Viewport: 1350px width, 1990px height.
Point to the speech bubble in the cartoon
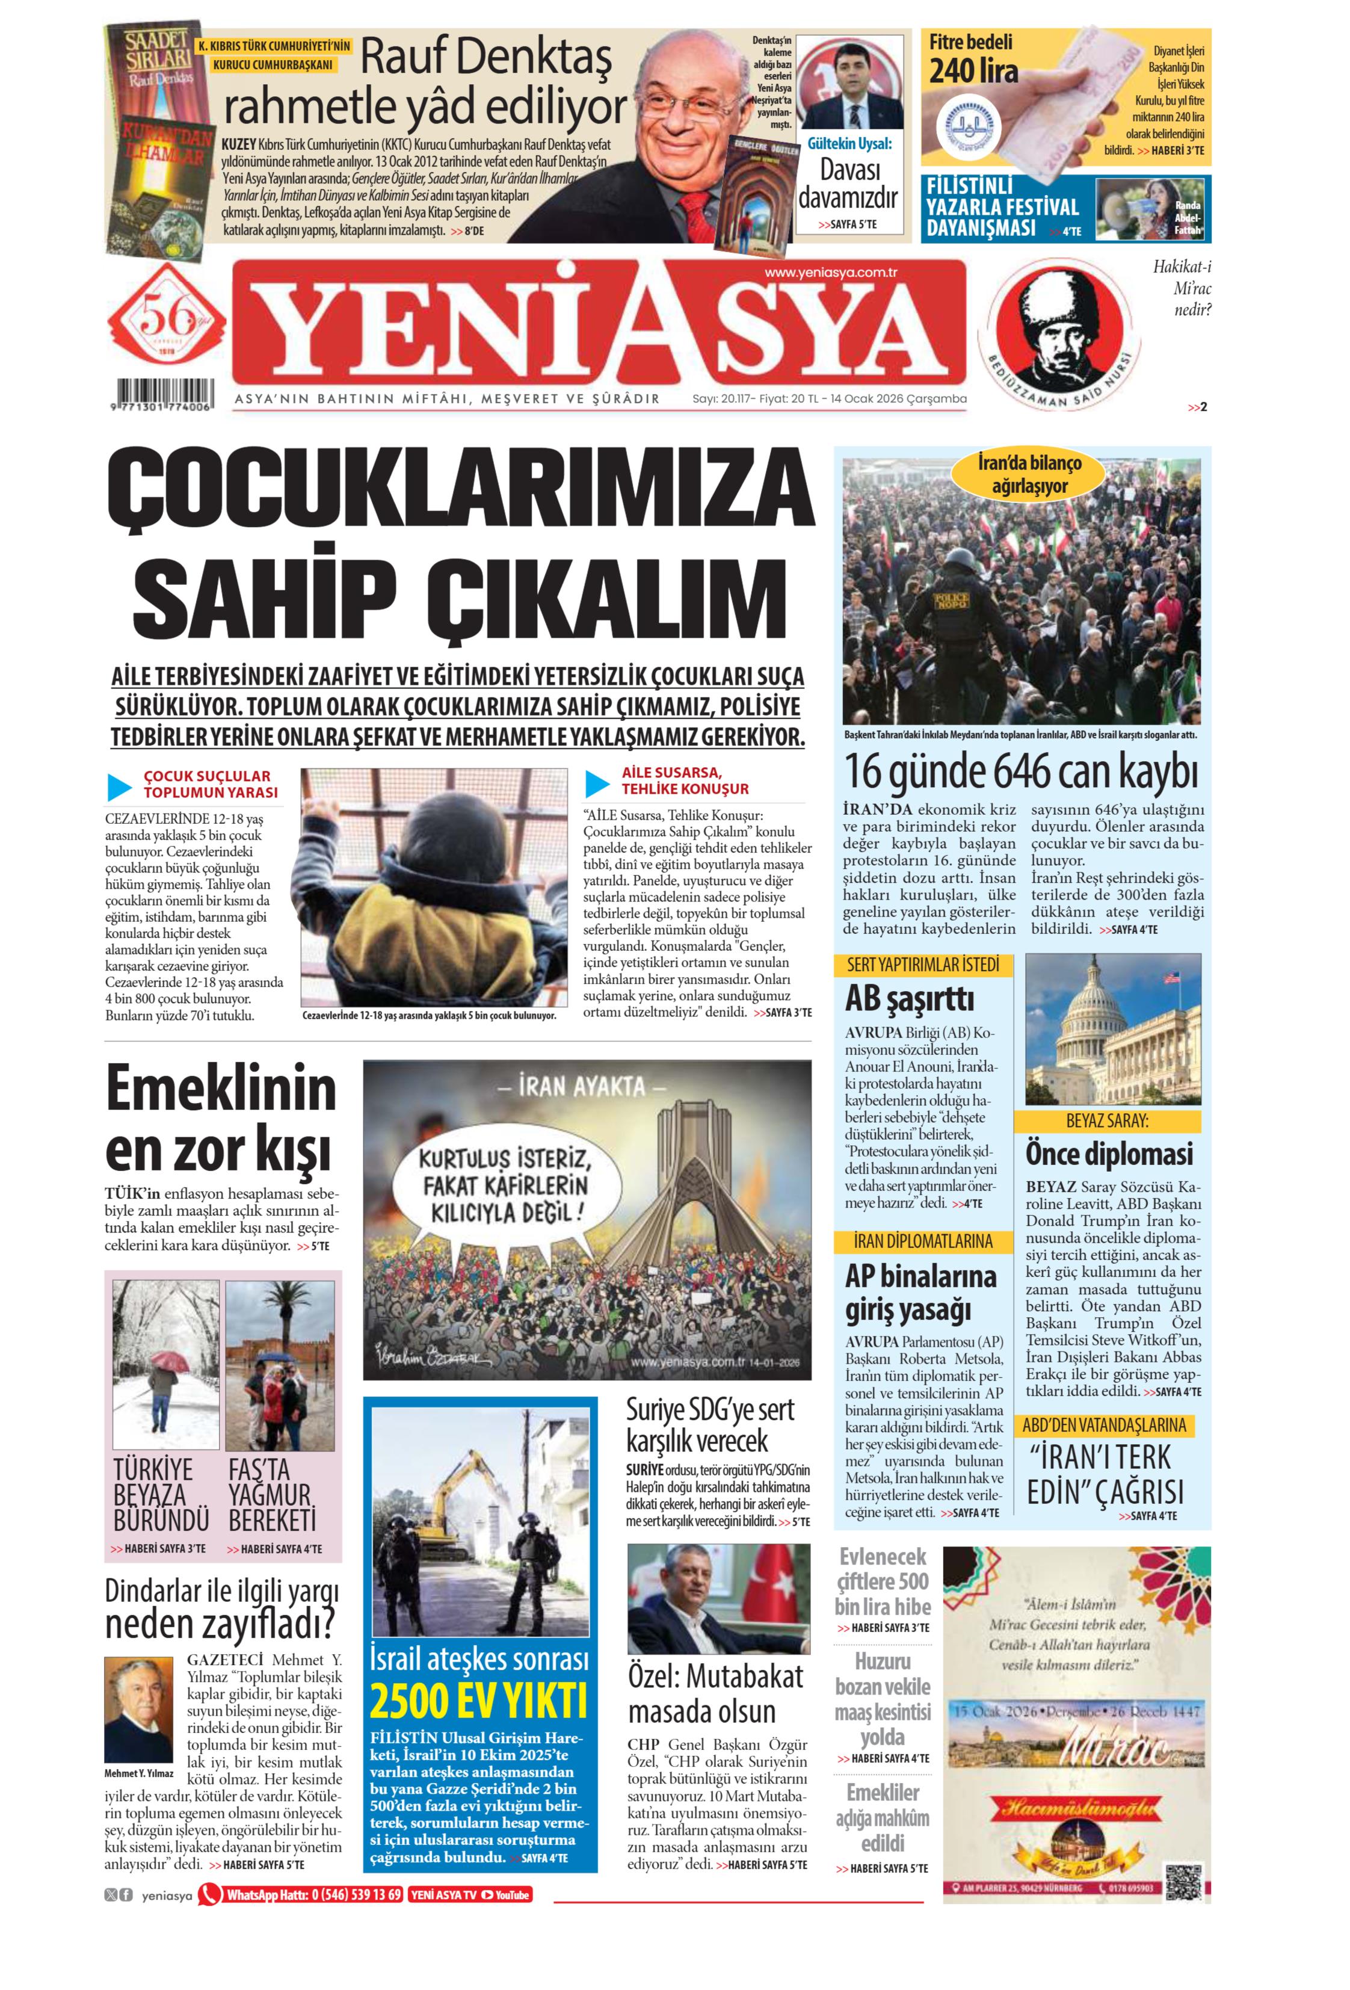pyautogui.click(x=500, y=1188)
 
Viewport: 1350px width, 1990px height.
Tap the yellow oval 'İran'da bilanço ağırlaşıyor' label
pyautogui.click(x=1030, y=474)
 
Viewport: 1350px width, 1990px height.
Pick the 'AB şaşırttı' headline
pyautogui.click(x=909, y=998)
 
